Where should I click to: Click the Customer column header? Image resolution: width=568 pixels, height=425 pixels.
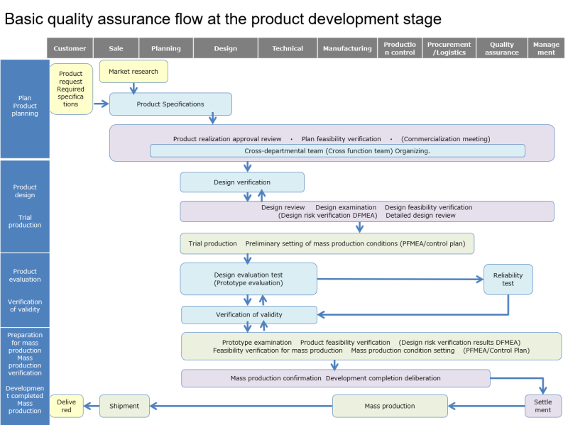[x=70, y=48]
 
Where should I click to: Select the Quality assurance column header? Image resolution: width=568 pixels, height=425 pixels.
[x=501, y=48]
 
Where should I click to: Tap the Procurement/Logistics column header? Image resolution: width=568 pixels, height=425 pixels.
[x=449, y=48]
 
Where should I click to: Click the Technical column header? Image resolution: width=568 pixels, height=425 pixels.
[x=288, y=48]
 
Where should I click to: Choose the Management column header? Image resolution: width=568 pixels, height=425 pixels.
[x=546, y=48]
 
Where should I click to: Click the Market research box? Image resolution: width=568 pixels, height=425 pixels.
[x=133, y=72]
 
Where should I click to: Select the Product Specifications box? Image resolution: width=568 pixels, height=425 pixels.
[x=170, y=104]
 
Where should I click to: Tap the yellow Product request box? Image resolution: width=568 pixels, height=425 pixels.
[x=71, y=89]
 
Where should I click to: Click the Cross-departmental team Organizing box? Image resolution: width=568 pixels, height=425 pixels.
[x=337, y=151]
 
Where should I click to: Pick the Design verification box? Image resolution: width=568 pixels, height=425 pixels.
[x=242, y=182]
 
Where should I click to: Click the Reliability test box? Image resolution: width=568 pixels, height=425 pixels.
[x=508, y=279]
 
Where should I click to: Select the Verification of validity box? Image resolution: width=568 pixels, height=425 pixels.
[x=249, y=315]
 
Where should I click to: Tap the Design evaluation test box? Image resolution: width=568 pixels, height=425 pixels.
[x=248, y=279]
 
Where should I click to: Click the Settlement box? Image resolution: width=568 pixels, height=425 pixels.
[x=542, y=406]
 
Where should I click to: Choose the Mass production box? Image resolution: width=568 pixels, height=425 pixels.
[x=390, y=406]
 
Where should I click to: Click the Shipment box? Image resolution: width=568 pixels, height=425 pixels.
[x=124, y=406]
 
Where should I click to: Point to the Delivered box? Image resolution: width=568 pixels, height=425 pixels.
[x=66, y=406]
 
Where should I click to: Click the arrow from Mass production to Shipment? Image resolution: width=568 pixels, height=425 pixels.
[x=241, y=407]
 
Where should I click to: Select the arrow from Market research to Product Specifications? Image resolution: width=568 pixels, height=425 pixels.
[x=133, y=88]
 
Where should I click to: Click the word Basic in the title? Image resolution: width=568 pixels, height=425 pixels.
[x=26, y=19]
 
